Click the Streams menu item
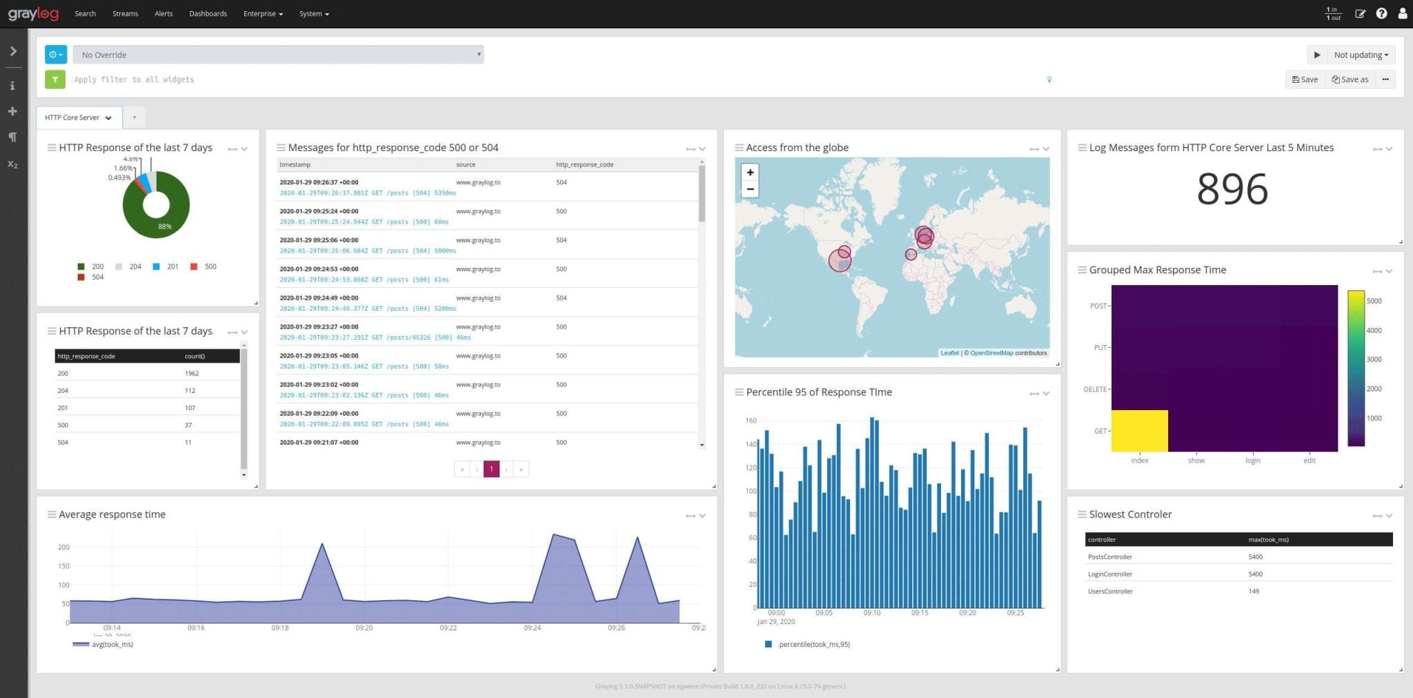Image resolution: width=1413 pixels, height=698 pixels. click(x=125, y=14)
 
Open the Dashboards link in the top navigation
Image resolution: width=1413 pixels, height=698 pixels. click(x=208, y=14)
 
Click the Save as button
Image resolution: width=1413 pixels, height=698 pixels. click(x=1350, y=79)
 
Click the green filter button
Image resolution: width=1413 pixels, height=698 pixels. click(x=55, y=79)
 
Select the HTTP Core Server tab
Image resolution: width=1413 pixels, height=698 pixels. click(x=78, y=117)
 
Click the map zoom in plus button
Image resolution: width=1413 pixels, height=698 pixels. click(x=750, y=173)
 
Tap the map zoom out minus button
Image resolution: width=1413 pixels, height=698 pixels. click(x=750, y=189)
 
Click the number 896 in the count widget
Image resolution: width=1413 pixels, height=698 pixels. click(x=1232, y=189)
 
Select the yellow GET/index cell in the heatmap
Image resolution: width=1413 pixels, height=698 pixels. click(x=1139, y=431)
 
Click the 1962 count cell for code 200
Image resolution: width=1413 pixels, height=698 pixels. click(x=192, y=374)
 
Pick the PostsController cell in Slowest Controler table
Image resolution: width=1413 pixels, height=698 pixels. click(x=1109, y=557)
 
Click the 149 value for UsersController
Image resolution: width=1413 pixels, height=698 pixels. click(x=1254, y=592)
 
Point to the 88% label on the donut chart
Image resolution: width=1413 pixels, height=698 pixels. click(x=164, y=226)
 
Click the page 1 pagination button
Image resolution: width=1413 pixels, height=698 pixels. click(x=491, y=469)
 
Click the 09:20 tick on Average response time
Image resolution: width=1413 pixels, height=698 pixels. click(x=364, y=628)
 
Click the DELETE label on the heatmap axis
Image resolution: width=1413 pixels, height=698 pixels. click(x=1094, y=389)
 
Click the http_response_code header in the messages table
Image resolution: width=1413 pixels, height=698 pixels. click(x=584, y=165)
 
